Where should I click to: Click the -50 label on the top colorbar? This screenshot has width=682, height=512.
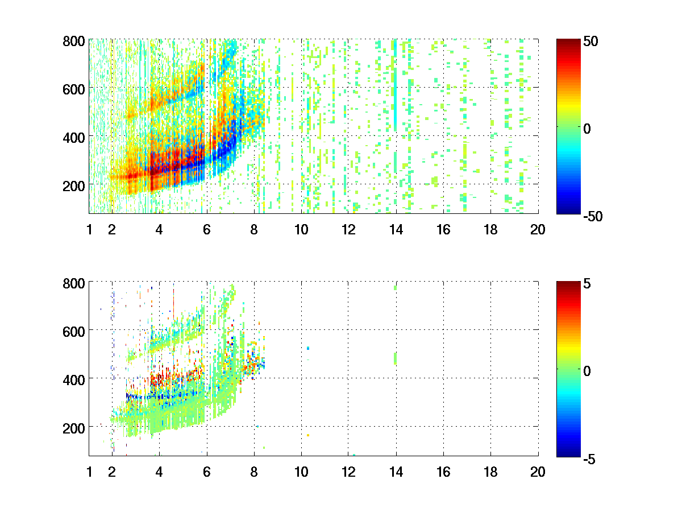click(x=592, y=216)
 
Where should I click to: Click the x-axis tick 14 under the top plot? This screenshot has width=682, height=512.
click(x=396, y=230)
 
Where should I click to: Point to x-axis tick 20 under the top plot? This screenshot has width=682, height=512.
click(x=538, y=230)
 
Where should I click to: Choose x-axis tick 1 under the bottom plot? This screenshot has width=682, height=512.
click(x=89, y=472)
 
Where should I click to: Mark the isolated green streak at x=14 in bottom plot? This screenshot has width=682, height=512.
click(x=396, y=358)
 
